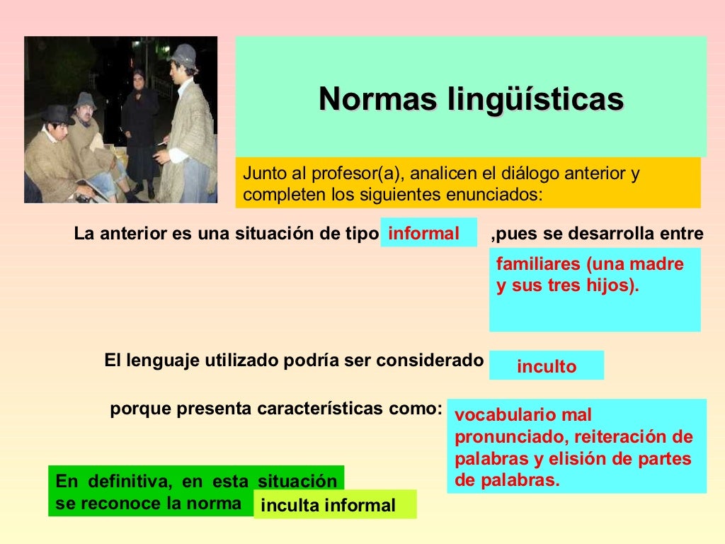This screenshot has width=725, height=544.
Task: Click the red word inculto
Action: point(547,366)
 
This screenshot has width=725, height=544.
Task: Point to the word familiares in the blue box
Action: point(539,264)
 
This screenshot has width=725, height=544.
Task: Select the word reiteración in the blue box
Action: point(618,437)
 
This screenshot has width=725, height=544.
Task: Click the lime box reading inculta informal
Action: point(335,504)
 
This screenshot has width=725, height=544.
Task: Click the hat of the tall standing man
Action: point(183,55)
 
